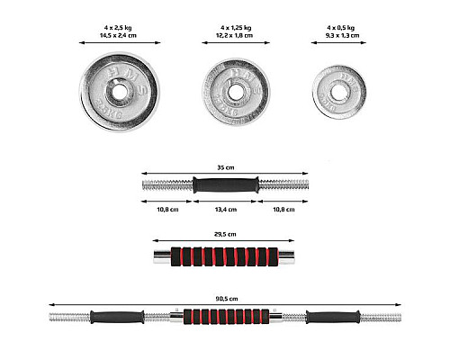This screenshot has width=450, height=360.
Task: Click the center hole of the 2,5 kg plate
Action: click(120, 92)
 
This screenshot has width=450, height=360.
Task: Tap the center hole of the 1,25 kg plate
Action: click(235, 92)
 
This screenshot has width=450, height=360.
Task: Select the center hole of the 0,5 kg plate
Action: click(339, 92)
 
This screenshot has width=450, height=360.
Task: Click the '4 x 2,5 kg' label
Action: click(118, 28)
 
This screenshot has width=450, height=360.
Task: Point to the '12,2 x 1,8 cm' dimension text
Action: click(235, 35)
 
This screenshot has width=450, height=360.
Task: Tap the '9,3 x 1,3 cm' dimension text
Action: click(343, 35)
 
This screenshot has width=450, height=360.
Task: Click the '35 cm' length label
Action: click(226, 167)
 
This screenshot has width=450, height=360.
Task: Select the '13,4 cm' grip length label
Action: click(226, 210)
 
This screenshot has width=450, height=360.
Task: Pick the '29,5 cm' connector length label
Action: click(225, 234)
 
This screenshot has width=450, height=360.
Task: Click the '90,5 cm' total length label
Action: click(227, 299)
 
